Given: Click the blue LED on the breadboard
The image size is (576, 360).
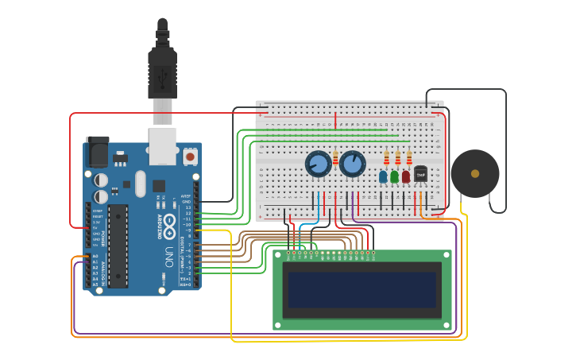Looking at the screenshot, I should pos(383,176).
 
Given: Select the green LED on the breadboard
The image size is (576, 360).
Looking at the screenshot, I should pos(394,176).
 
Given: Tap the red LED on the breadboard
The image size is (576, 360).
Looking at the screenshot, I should pos(406,176).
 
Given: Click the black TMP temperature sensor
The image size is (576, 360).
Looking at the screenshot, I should pos(421,173).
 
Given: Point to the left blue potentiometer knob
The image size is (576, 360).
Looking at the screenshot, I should pos(318,165).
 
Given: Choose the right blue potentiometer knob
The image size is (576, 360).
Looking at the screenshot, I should pos(352,165).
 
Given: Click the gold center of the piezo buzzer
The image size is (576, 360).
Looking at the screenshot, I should pos(475,173).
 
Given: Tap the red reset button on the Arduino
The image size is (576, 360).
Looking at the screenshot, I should pos(191,157).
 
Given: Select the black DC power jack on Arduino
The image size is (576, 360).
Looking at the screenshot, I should pos(97,150).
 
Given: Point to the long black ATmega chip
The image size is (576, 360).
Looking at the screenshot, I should pos(118,246).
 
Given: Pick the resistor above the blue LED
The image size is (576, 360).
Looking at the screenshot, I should pos(387,158).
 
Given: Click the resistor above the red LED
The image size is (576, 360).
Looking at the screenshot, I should pos(409,158).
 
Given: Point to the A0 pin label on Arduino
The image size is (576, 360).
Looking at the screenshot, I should pos(95,257).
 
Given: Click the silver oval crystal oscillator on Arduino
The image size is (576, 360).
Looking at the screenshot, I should pos(141,184).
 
